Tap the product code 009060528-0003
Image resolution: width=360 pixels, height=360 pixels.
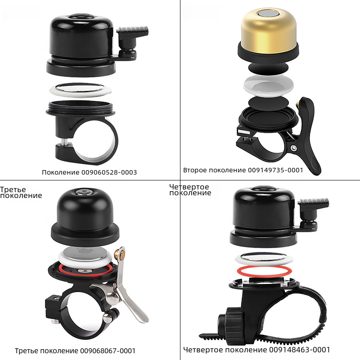pyautogui.click(x=109, y=172)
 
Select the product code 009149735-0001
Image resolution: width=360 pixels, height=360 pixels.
pyautogui.click(x=275, y=170)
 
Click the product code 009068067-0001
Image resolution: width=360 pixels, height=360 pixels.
pyautogui.click(x=108, y=351)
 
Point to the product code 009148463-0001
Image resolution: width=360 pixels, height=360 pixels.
pyautogui.click(x=299, y=350)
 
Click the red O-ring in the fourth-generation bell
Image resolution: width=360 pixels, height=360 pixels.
pyautogui.click(x=265, y=271)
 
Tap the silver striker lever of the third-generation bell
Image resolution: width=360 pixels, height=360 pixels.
pyautogui.click(x=129, y=289)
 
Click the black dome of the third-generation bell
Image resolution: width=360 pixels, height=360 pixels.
pyautogui.click(x=85, y=209)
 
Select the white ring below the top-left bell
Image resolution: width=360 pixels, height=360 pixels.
pyautogui.click(x=81, y=90)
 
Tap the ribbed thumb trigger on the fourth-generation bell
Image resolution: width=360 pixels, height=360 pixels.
pyautogui.click(x=313, y=202)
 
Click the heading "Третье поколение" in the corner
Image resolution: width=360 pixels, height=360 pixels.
pyautogui.click(x=21, y=193)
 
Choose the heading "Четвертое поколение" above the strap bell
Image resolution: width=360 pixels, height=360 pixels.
pyautogui.click(x=190, y=190)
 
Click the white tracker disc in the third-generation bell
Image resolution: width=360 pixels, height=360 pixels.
pyautogui.click(x=85, y=256)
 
